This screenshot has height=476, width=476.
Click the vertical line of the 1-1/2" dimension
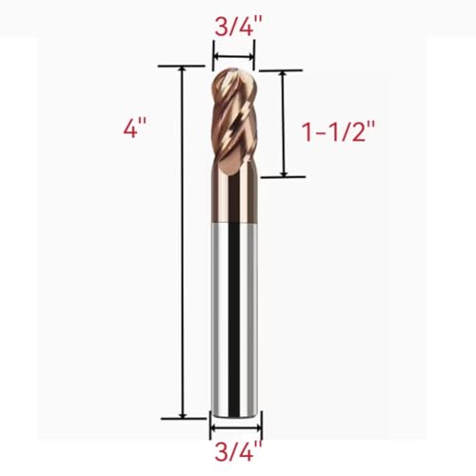[283, 124]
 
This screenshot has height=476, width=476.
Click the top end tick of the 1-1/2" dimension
[283, 70]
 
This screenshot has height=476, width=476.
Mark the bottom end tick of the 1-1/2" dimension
[283, 176]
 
